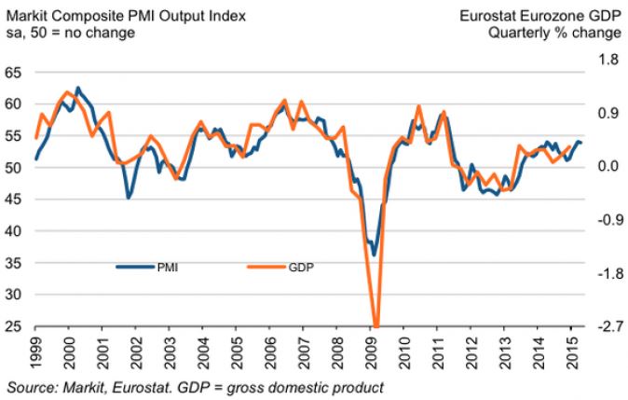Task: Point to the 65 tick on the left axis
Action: coord(14,72)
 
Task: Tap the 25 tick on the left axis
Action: coord(14,327)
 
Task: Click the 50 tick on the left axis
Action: coord(14,168)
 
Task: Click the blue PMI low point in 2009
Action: coord(374,255)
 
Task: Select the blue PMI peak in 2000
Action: coord(77,89)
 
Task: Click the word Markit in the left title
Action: coord(23,15)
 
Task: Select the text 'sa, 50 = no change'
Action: coord(70,33)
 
